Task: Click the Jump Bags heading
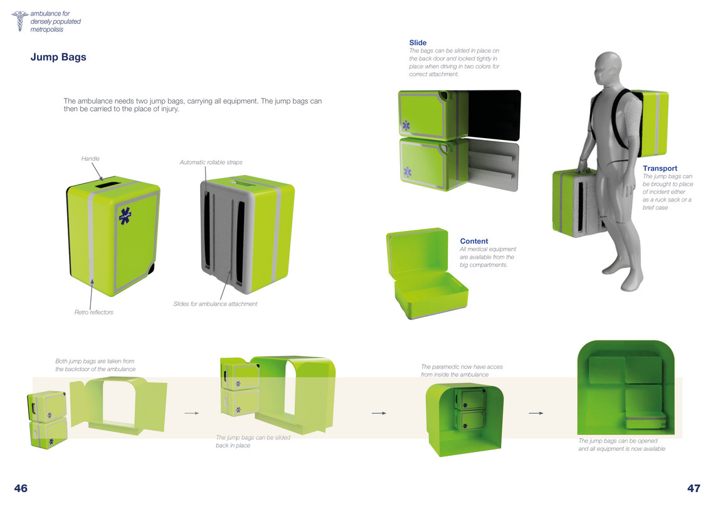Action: pyautogui.click(x=58, y=58)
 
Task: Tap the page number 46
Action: pyautogui.click(x=21, y=488)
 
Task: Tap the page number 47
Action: pyautogui.click(x=694, y=488)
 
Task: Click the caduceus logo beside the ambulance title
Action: pyautogui.click(x=19, y=21)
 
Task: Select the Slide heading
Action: pyautogui.click(x=418, y=43)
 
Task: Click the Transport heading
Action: pyautogui.click(x=660, y=168)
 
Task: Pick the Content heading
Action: pyautogui.click(x=474, y=241)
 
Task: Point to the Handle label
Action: pyautogui.click(x=90, y=159)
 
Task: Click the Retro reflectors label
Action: pyautogui.click(x=94, y=313)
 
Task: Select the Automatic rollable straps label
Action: pyautogui.click(x=211, y=163)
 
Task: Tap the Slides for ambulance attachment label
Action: pyautogui.click(x=215, y=304)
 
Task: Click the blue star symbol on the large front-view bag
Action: pyautogui.click(x=125, y=216)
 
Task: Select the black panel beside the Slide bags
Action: pyautogui.click(x=494, y=116)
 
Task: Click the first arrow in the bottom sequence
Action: pyautogui.click(x=192, y=413)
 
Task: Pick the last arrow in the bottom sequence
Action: pyautogui.click(x=536, y=413)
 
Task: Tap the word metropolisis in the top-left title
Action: pyautogui.click(x=47, y=30)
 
